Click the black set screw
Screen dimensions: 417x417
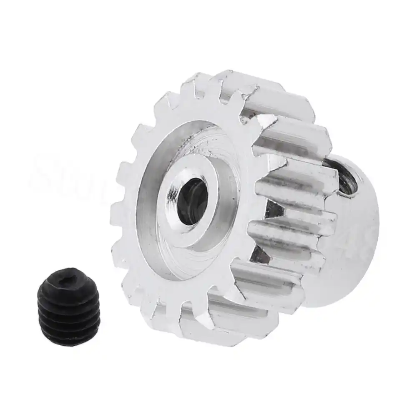tap(69, 306)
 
